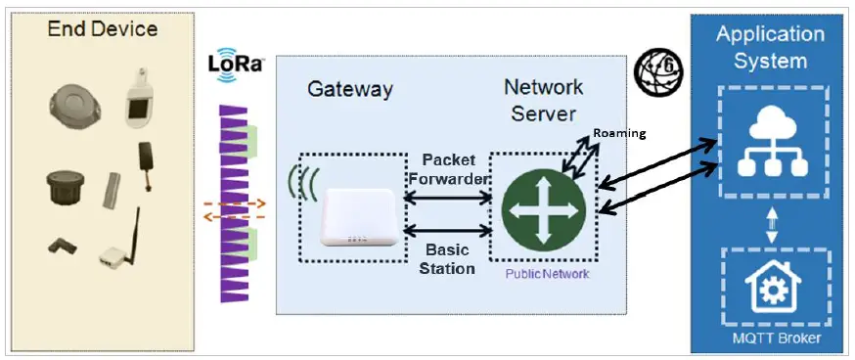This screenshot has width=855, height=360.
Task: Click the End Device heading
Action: (103, 29)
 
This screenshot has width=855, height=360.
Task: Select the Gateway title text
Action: (349, 89)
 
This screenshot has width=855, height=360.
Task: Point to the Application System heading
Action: (770, 47)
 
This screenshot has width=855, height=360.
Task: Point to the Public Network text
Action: (547, 274)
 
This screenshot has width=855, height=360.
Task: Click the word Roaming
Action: (620, 133)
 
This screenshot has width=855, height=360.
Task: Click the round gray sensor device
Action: (72, 103)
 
